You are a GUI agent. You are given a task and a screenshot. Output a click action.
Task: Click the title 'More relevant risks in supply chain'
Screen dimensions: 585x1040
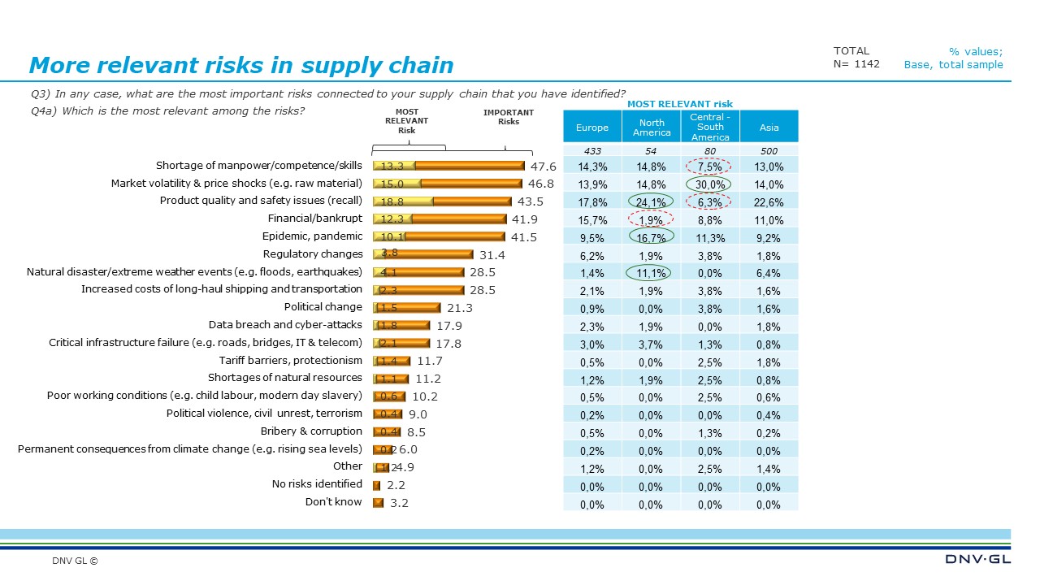240,66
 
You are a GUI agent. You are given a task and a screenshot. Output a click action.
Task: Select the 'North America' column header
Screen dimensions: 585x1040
652,128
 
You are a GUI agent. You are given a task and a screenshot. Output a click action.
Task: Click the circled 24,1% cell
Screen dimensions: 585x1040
651,202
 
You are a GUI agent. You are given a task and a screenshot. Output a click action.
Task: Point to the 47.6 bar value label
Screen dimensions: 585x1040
543,166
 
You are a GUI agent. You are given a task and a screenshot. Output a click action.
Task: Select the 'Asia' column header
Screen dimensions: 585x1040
769,128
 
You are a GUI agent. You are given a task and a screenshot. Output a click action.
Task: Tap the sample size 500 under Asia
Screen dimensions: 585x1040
769,151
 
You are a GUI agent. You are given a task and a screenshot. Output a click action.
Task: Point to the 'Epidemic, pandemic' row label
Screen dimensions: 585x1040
312,236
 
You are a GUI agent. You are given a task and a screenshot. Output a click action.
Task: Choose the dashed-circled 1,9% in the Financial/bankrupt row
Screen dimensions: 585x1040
651,219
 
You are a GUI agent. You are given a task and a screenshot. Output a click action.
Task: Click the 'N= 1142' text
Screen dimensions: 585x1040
856,64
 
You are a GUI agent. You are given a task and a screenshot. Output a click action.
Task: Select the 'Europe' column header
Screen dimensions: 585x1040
591,128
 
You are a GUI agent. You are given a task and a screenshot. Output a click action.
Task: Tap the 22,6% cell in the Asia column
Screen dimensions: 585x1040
769,202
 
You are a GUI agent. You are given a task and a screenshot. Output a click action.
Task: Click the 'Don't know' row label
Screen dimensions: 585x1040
333,502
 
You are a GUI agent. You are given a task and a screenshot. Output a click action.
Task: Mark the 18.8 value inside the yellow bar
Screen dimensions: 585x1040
392,201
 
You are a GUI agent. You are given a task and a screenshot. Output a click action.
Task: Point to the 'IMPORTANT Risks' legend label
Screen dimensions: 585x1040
509,117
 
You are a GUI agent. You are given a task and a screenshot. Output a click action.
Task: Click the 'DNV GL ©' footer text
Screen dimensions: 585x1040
75,561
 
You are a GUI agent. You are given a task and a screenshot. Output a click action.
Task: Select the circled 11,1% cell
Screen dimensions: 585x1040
651,273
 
